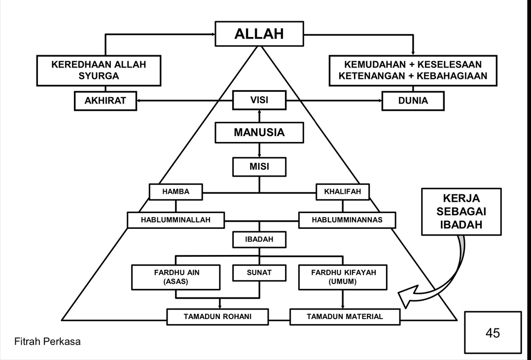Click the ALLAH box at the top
tap(259, 34)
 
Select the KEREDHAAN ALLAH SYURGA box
tap(99, 70)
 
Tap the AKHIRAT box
tap(105, 101)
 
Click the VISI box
tap(259, 100)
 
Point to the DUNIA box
tap(413, 101)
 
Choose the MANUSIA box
tap(259, 133)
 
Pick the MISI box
tap(259, 166)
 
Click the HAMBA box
tap(176, 192)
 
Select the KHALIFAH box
tap(343, 192)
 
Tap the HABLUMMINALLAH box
tap(176, 220)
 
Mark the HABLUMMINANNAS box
tap(347, 220)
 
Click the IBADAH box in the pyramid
tap(259, 240)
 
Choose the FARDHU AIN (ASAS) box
tap(177, 277)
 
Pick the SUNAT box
tap(259, 272)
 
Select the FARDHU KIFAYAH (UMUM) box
tap(343, 277)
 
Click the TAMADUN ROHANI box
tap(217, 317)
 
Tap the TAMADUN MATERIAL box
tap(345, 317)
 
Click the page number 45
tap(493, 333)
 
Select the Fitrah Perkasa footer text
tap(47, 341)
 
